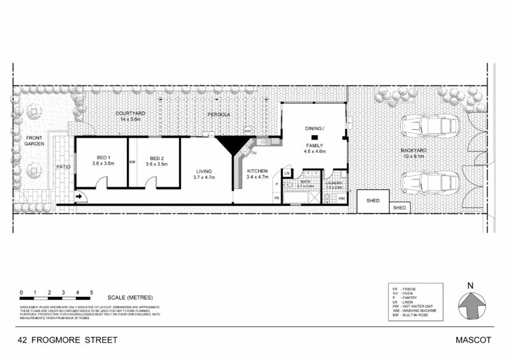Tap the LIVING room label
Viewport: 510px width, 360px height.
pyautogui.click(x=205, y=170)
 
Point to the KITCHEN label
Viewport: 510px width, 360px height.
pyautogui.click(x=258, y=170)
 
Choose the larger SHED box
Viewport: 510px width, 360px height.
pyautogui.click(x=372, y=200)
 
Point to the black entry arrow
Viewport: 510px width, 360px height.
pyautogui.click(x=79, y=198)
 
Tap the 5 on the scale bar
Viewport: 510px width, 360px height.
pyautogui.click(x=93, y=292)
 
